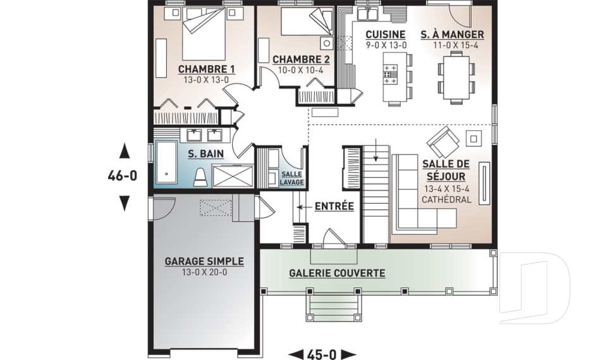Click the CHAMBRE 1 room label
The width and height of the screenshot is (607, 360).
[206, 70]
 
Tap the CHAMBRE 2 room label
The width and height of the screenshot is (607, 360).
[301, 59]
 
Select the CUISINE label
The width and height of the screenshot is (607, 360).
[386, 35]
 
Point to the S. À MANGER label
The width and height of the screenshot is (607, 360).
[453, 35]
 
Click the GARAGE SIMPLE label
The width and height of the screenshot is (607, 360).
[204, 261]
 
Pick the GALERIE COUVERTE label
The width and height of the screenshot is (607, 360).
[337, 273]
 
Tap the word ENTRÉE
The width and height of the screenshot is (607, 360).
[334, 206]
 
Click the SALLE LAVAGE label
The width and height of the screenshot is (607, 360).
[292, 178]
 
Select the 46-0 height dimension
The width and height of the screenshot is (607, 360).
[122, 177]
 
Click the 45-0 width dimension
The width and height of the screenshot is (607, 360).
[322, 354]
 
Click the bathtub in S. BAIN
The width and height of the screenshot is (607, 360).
[166, 162]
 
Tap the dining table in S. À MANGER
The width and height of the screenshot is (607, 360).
[456, 77]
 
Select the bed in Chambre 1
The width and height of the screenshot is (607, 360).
[204, 34]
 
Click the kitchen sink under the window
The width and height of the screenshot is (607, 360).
[368, 13]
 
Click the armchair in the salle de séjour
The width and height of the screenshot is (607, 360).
[443, 142]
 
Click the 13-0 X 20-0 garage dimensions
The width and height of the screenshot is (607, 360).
[204, 273]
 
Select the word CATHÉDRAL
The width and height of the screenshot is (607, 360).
[446, 200]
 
